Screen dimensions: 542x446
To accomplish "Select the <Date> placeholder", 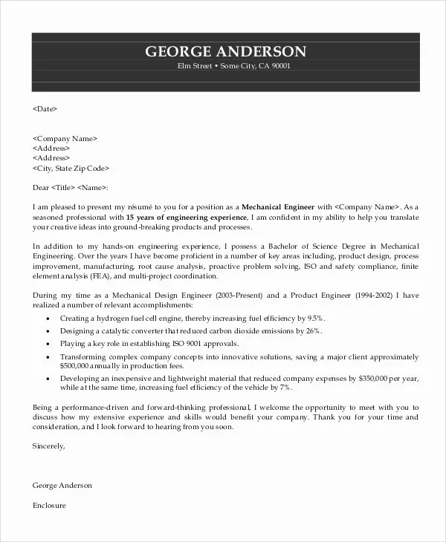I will (x=45, y=108).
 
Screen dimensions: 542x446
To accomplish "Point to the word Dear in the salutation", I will (x=42, y=187).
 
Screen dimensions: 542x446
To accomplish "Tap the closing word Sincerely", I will (x=49, y=446).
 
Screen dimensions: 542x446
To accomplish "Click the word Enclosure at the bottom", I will (x=50, y=505).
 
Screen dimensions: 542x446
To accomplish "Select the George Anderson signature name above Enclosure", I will (x=62, y=485).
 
